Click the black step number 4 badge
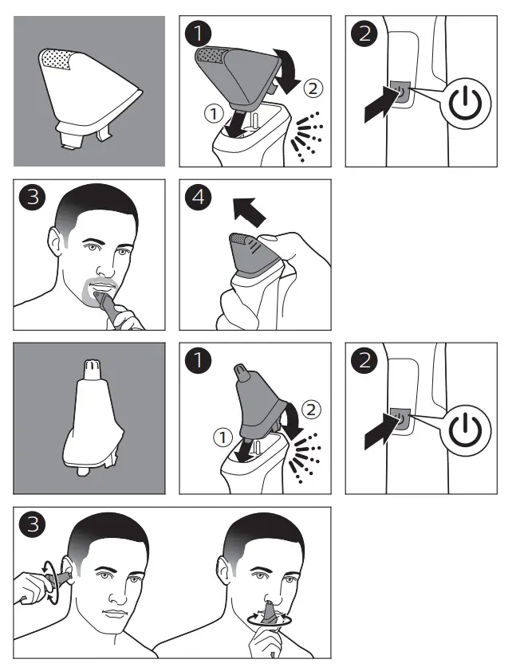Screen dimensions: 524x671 click(x=198, y=198)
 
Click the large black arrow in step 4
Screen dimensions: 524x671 click(x=249, y=212)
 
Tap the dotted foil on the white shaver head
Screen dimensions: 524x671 click(x=57, y=60)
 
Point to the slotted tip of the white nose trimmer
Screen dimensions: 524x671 click(x=89, y=368)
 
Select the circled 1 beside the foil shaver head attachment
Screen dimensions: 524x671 click(x=214, y=114)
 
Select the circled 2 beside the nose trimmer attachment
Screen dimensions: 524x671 click(x=312, y=410)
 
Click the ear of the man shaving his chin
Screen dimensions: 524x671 click(x=55, y=241)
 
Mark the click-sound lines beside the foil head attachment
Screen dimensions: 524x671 click(x=306, y=136)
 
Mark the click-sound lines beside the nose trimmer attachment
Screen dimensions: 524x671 click(x=305, y=457)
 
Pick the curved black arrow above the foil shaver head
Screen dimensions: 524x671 click(x=287, y=70)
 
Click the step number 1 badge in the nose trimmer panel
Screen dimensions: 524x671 click(x=198, y=360)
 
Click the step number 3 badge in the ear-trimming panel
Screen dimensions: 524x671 click(x=33, y=524)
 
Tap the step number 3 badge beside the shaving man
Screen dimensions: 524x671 click(x=33, y=198)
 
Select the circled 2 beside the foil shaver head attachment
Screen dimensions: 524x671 click(x=313, y=88)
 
